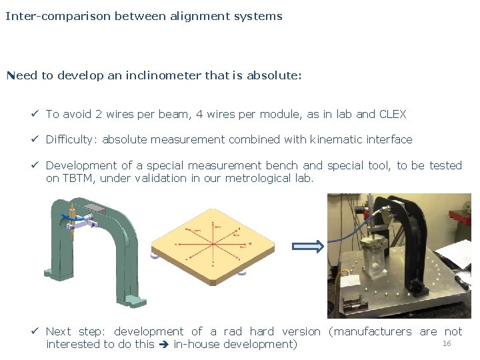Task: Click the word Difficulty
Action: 72,139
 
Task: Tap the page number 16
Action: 447,343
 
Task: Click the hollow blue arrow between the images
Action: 309,247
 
